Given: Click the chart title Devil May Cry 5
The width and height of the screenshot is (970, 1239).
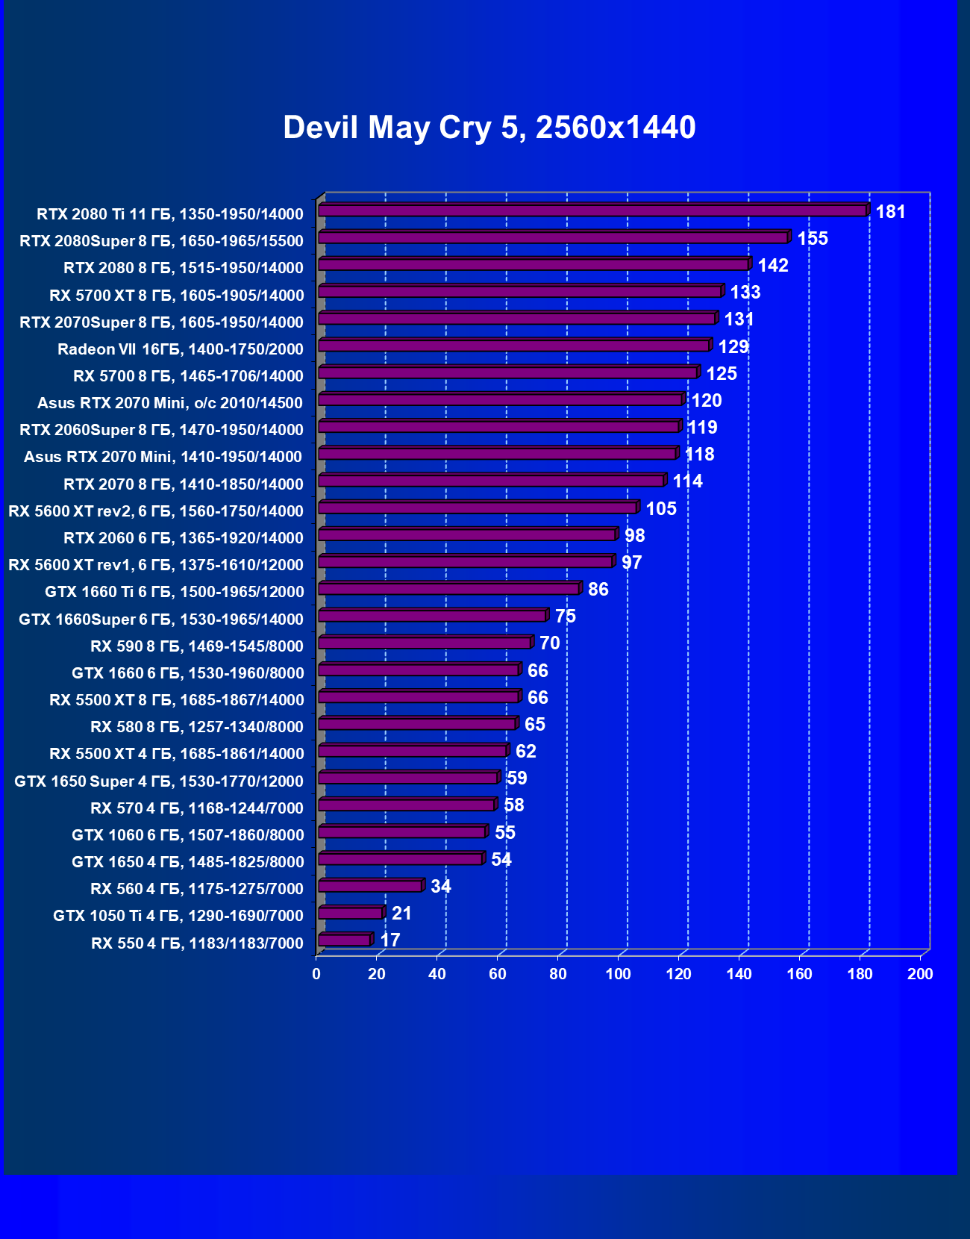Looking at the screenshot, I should (489, 128).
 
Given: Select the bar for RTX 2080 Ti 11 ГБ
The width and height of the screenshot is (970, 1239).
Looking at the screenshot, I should (593, 211).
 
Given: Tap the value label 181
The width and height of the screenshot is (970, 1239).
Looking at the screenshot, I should (890, 212).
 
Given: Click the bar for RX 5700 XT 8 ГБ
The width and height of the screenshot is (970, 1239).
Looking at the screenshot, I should (520, 292).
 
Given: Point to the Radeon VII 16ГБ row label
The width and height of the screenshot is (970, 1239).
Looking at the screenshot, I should (181, 349).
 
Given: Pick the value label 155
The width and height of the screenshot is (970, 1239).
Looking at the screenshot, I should (813, 239).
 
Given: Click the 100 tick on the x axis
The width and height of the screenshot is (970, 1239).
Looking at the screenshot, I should (618, 974).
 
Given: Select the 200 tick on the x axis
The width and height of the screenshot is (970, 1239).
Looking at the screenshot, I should (920, 974).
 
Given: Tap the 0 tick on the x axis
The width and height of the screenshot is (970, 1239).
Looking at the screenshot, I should (316, 974).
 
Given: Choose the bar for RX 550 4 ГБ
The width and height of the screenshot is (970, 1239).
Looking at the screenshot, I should (345, 940).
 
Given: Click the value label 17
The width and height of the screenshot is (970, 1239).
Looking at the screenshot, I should (390, 940).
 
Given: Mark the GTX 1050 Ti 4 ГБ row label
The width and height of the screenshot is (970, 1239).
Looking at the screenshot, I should (178, 916).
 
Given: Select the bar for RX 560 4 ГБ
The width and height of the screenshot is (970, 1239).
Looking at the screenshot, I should (371, 887).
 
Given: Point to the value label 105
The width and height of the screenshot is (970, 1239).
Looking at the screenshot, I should (661, 509).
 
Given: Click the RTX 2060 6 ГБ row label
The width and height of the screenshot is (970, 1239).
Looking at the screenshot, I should (184, 538).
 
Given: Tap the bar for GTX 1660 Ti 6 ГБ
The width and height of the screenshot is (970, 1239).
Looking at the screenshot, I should (449, 590).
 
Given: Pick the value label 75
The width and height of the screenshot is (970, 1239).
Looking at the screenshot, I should (566, 617).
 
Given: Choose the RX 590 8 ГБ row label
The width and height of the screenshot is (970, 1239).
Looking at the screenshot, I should (197, 646).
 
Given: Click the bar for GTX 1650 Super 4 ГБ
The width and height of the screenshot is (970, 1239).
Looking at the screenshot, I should (408, 778).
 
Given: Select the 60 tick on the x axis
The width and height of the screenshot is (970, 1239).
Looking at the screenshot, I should (498, 974).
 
